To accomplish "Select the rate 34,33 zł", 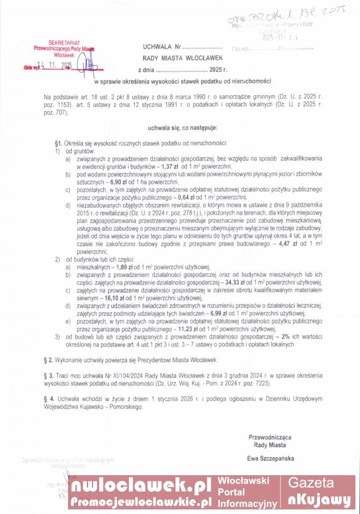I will click(x=238, y=282).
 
